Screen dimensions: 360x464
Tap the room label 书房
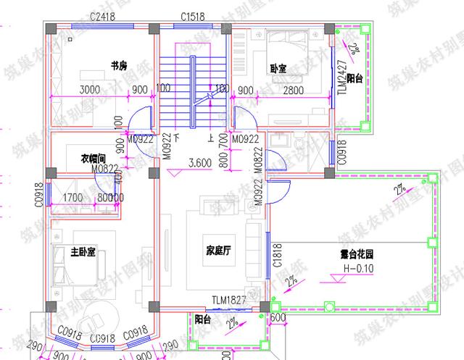pyautogui.click(x=119, y=65)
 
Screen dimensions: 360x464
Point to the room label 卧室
pyautogui.click(x=278, y=69)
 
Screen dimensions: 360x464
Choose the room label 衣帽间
pyautogui.click(x=94, y=157)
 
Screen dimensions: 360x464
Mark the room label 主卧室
pyautogui.click(x=83, y=252)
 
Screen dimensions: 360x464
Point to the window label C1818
pyautogui.click(x=276, y=255)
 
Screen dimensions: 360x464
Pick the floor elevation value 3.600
pyautogui.click(x=199, y=163)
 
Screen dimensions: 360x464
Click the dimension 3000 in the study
pyautogui.click(x=89, y=90)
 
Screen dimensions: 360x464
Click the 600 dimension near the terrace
pyautogui.click(x=278, y=316)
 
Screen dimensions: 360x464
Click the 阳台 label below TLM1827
pyautogui.click(x=204, y=317)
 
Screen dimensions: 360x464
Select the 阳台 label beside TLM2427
pyautogui.click(x=355, y=78)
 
